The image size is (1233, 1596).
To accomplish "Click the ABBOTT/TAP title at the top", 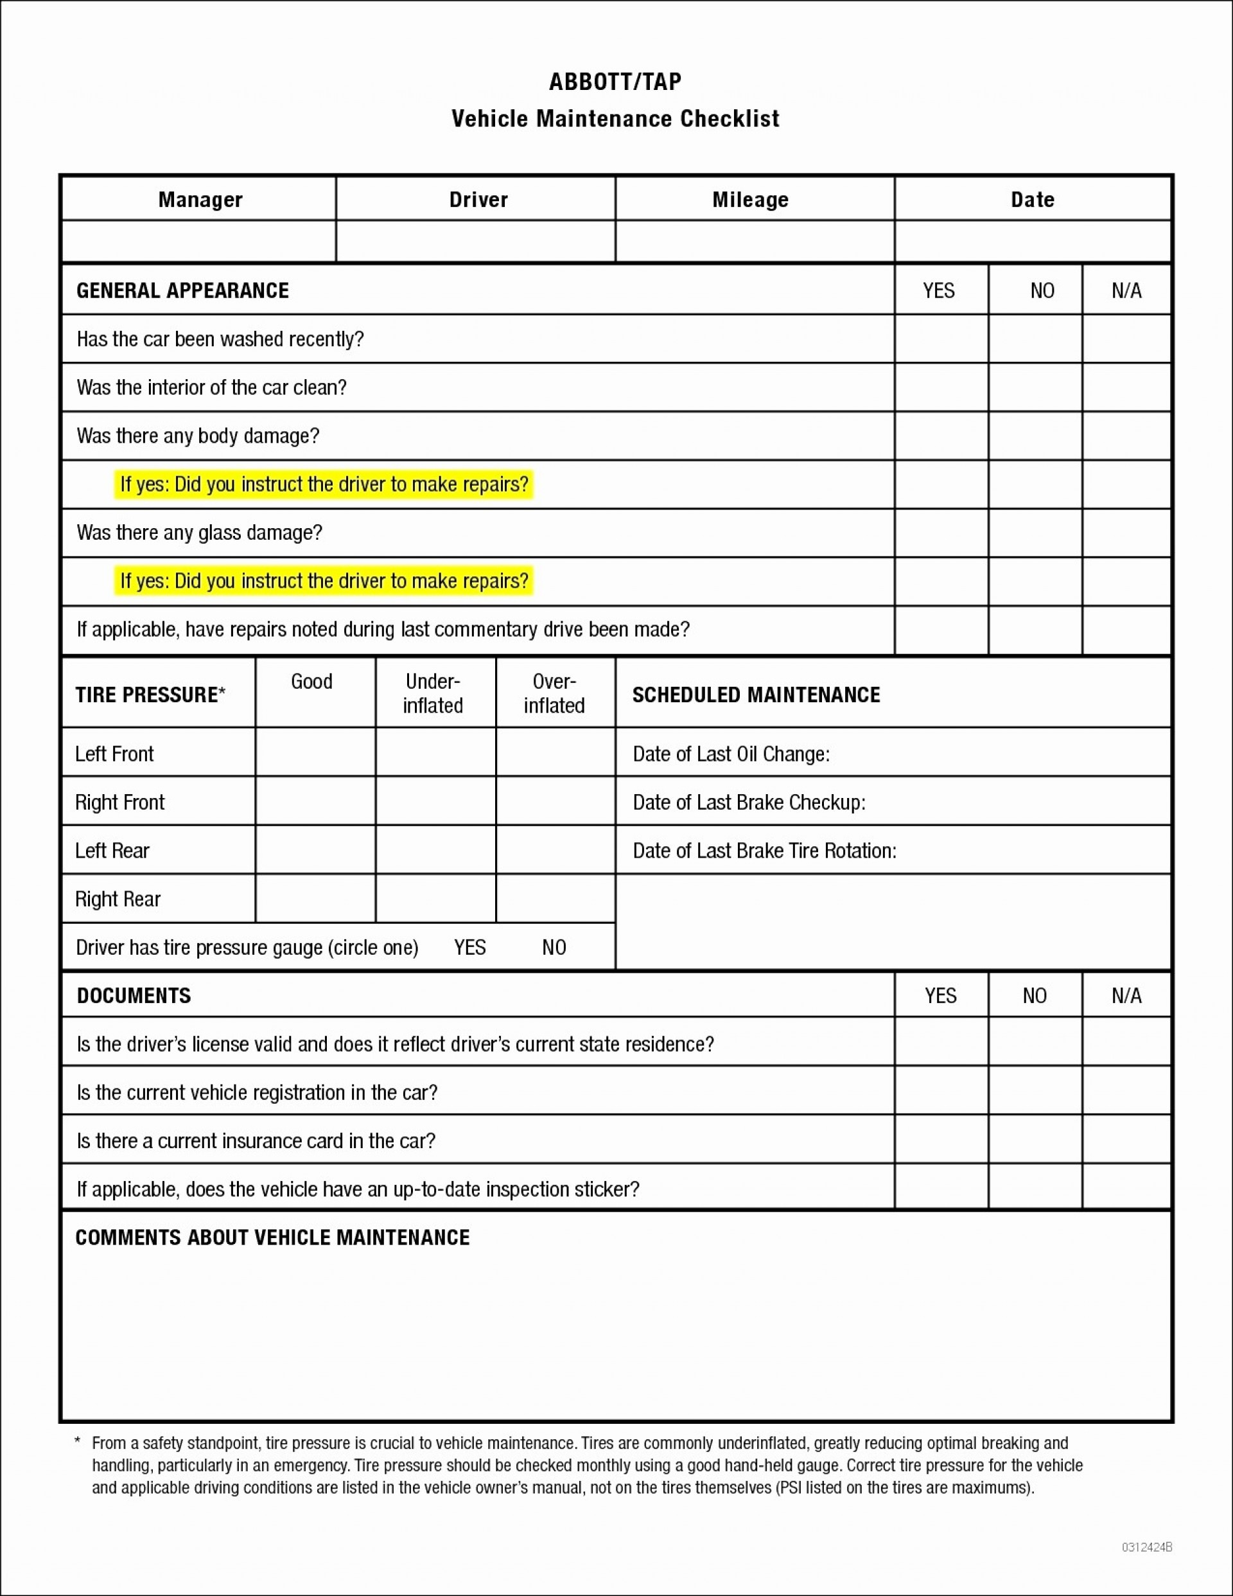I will pyautogui.click(x=615, y=81).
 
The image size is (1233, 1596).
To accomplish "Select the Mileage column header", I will pyautogui.click(x=750, y=199).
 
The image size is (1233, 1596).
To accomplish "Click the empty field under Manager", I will pyautogui.click(x=198, y=241).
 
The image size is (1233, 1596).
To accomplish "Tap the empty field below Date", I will pyautogui.click(x=1032, y=241).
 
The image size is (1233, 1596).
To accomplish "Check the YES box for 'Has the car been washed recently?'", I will pyautogui.click(x=941, y=339).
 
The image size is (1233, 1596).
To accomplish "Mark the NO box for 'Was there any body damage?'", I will pyautogui.click(x=1035, y=436).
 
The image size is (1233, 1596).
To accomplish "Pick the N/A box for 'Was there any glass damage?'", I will pyautogui.click(x=1126, y=533).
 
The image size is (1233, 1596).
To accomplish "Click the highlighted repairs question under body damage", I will pyautogui.click(x=324, y=484).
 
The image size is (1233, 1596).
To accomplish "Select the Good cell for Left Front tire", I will pyautogui.click(x=315, y=752).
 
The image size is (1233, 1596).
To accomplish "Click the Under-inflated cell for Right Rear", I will pyautogui.click(x=435, y=898).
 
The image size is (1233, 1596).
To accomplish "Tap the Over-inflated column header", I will pyautogui.click(x=554, y=693).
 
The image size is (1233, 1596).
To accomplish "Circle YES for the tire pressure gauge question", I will pyautogui.click(x=469, y=947).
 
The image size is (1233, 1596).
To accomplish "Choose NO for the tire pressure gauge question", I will pyautogui.click(x=554, y=947).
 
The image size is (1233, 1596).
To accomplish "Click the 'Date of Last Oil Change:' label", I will pyautogui.click(x=730, y=754).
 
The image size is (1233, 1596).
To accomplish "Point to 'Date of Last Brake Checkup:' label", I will pyautogui.click(x=749, y=802).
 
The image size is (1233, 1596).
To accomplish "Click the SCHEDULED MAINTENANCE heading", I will pyautogui.click(x=756, y=694).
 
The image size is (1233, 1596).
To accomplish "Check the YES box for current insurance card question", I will pyautogui.click(x=941, y=1140).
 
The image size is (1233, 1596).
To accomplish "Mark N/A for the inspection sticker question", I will pyautogui.click(x=1126, y=1188).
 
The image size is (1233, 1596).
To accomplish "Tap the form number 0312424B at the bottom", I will pyautogui.click(x=1146, y=1547).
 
